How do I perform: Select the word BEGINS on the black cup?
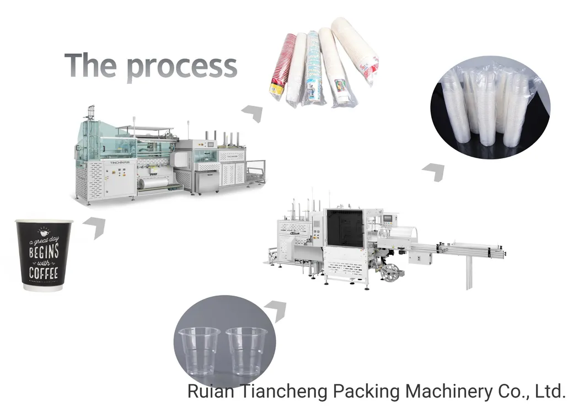click(x=44, y=251)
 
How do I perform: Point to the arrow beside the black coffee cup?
click(x=94, y=226)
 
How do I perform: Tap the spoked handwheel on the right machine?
click(x=390, y=272)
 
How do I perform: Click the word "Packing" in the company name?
click(x=367, y=391)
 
